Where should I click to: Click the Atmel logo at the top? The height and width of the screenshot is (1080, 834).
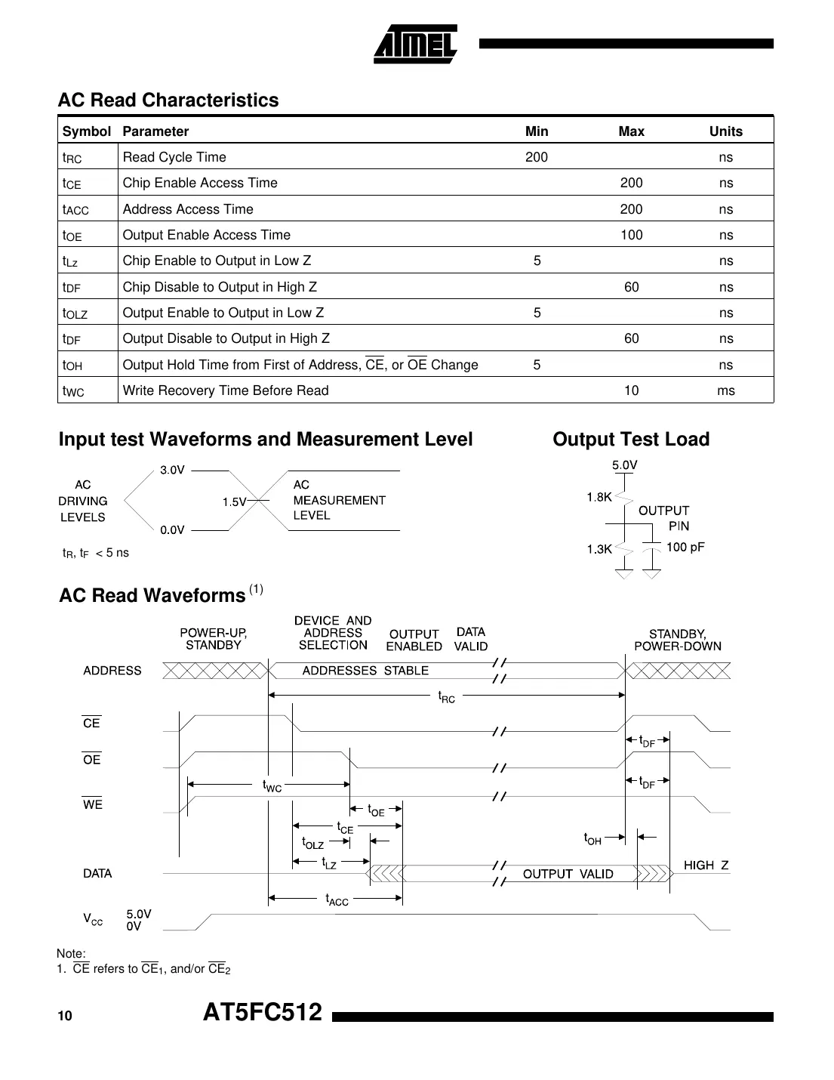click(415, 45)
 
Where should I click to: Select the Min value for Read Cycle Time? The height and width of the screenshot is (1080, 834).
click(537, 157)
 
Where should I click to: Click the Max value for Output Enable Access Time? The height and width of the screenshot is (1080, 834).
click(631, 235)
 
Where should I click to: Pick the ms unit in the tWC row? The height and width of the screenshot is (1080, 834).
click(725, 390)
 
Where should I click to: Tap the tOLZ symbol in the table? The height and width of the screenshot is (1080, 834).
click(75, 313)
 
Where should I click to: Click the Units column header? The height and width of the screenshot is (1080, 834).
click(725, 131)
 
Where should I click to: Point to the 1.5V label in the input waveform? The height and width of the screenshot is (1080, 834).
click(234, 501)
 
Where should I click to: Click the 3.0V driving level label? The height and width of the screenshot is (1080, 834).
click(172, 470)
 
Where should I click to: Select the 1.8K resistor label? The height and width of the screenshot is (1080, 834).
click(599, 497)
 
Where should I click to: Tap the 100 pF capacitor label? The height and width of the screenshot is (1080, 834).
click(685, 547)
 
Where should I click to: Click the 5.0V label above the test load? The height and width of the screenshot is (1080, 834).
click(624, 465)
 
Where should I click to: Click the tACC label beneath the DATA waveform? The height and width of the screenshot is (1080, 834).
click(337, 899)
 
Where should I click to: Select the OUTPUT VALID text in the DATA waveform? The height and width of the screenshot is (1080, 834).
click(568, 874)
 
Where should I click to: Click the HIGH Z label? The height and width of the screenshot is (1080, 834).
click(706, 866)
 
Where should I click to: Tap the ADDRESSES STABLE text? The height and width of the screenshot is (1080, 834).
click(365, 671)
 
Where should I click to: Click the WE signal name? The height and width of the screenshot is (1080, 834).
click(92, 805)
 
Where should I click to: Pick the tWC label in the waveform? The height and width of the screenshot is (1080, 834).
click(272, 786)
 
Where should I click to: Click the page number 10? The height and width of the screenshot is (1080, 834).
click(65, 1016)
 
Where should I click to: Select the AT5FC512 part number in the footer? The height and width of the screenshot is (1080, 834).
click(263, 1012)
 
